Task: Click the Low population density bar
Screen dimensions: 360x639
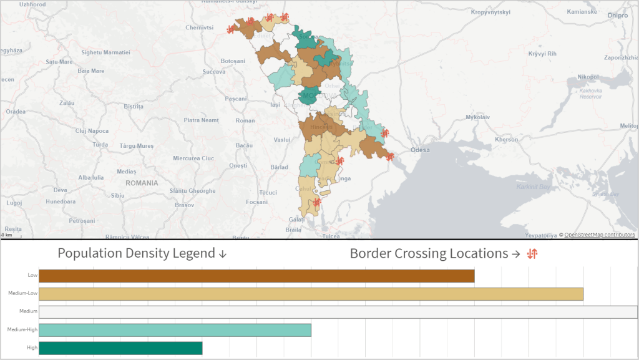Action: (256, 276)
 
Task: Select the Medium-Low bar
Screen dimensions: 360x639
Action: (311, 294)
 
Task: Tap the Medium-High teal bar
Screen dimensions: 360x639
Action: (175, 330)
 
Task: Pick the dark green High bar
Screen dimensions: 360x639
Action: (120, 348)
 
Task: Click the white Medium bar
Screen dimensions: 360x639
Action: (338, 312)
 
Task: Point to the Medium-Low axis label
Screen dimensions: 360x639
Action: (22, 293)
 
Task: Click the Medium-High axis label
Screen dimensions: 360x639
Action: (22, 329)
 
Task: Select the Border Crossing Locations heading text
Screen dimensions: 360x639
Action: (429, 254)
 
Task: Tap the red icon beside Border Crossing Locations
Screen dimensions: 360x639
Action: (532, 253)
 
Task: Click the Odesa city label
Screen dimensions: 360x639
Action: (420, 150)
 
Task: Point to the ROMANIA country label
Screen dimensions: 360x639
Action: (142, 183)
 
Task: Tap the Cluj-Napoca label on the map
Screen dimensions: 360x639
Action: (92, 131)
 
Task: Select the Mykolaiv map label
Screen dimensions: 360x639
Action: (478, 117)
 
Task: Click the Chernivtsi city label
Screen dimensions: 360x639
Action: (200, 28)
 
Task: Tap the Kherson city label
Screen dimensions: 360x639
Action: (507, 140)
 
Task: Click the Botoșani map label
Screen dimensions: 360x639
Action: (233, 61)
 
